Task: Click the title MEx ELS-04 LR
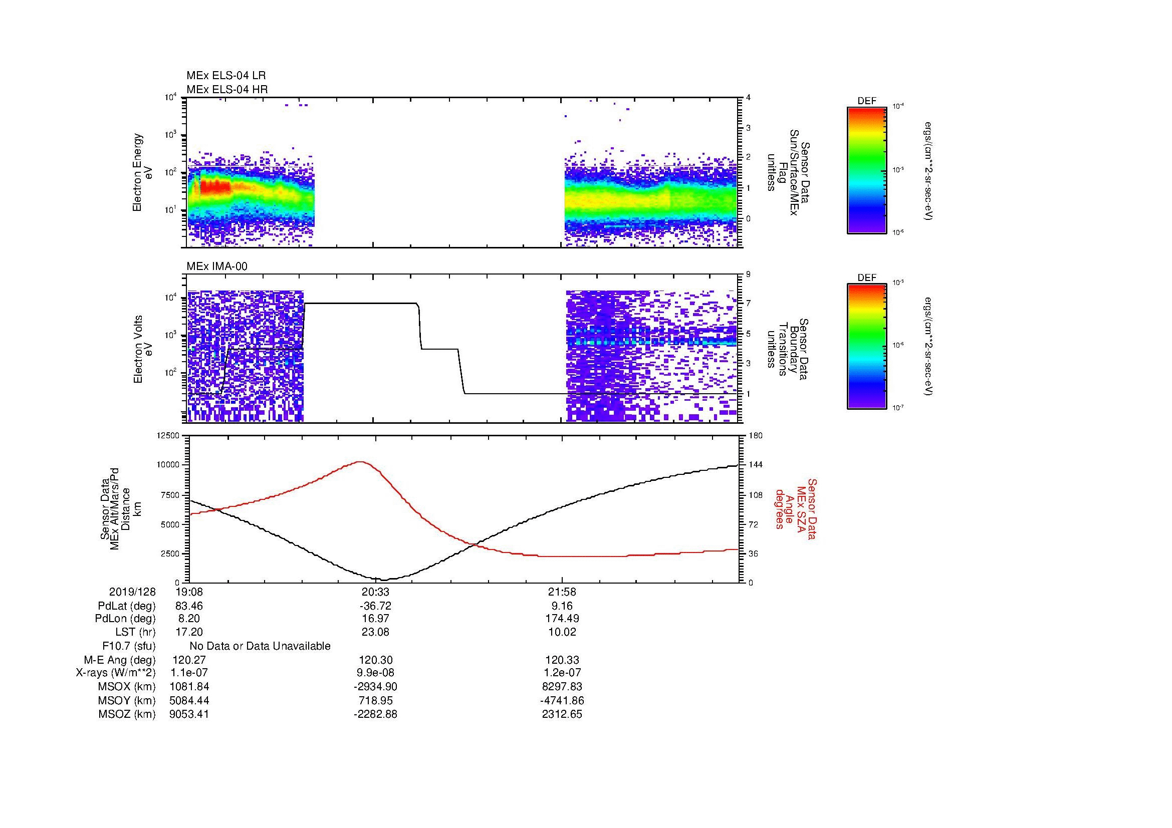coord(225,76)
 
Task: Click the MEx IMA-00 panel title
coord(216,266)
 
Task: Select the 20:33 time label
coord(375,592)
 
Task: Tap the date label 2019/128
coord(132,592)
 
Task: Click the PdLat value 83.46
coord(189,606)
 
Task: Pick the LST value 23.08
coord(375,632)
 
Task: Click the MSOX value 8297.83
coord(562,687)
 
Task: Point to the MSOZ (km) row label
coord(127,714)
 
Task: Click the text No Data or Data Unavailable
coord(260,646)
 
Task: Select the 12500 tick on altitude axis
coord(168,436)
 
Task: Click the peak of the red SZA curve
coord(360,462)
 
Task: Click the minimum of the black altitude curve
coord(385,580)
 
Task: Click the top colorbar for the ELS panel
coord(866,170)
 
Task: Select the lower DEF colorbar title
coord(867,278)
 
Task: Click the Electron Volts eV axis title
coord(143,349)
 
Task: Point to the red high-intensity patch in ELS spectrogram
coord(214,187)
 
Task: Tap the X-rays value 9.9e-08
coord(375,673)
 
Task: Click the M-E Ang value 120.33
coord(562,660)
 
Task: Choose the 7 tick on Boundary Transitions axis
coord(748,304)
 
